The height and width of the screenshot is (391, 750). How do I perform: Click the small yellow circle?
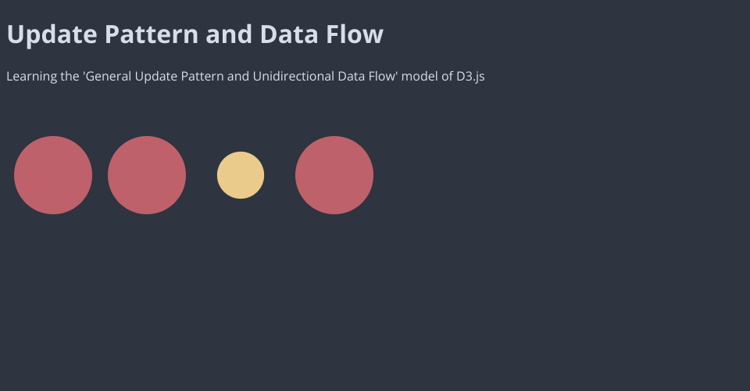pyautogui.click(x=241, y=175)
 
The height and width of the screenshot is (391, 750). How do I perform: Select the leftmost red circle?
pyautogui.click(x=53, y=175)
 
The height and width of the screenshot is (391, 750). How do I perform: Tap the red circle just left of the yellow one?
pyautogui.click(x=147, y=175)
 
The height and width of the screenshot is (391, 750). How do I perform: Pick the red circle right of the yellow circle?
pyautogui.click(x=334, y=175)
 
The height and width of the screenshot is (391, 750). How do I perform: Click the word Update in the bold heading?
pyautogui.click(x=52, y=34)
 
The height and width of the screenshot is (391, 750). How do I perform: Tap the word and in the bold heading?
pyautogui.click(x=229, y=34)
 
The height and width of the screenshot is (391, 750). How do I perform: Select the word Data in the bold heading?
pyautogui.click(x=289, y=34)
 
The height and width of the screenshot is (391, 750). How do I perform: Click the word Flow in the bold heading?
pyautogui.click(x=355, y=34)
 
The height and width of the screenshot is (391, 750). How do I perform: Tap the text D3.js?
pyautogui.click(x=470, y=77)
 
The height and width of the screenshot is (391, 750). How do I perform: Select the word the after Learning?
pyautogui.click(x=70, y=77)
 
